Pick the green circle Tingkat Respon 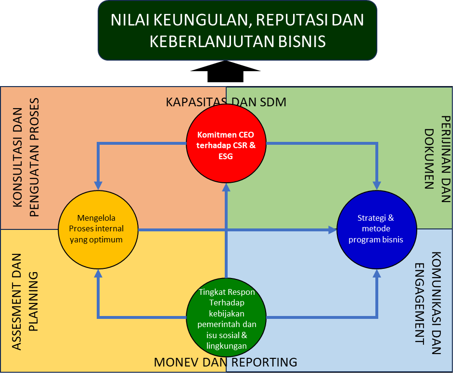226,317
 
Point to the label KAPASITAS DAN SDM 226,102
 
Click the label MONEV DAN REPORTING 226,362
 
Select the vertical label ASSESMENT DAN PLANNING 26,302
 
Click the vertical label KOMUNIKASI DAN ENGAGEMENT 427,303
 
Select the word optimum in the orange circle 107,240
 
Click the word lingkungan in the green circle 226,346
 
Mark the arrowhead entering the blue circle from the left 333,230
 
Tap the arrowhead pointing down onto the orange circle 98,185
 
